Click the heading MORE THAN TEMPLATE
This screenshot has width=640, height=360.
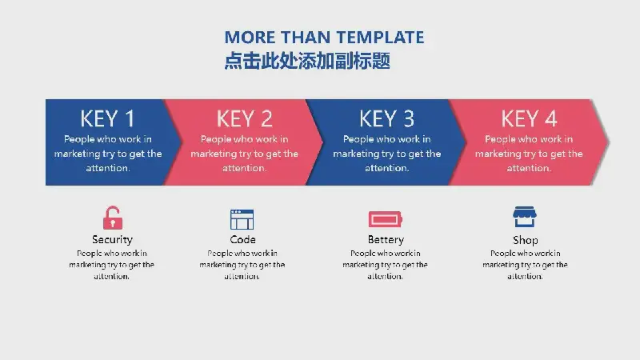click(x=324, y=38)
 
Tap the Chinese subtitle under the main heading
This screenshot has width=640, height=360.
click(x=307, y=61)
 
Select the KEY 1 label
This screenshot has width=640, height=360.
click(x=107, y=119)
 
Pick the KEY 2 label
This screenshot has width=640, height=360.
click(x=244, y=119)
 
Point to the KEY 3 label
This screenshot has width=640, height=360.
click(x=386, y=119)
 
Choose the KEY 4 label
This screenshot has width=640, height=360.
click(x=529, y=119)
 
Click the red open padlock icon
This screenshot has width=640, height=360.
click(x=113, y=218)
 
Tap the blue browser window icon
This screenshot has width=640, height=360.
click(x=242, y=219)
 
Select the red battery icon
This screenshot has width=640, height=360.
click(x=386, y=219)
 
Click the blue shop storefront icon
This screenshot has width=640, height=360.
click(x=525, y=217)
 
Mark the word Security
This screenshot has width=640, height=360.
click(x=112, y=239)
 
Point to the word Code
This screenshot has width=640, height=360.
click(x=243, y=239)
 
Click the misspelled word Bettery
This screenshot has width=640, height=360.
click(x=386, y=239)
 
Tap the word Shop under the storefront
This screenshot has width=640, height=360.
click(x=526, y=240)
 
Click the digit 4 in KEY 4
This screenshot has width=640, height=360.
click(x=550, y=119)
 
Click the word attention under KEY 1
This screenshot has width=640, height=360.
click(x=107, y=168)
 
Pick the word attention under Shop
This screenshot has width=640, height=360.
click(x=524, y=276)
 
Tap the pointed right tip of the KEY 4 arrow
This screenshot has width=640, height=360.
click(x=609, y=142)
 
